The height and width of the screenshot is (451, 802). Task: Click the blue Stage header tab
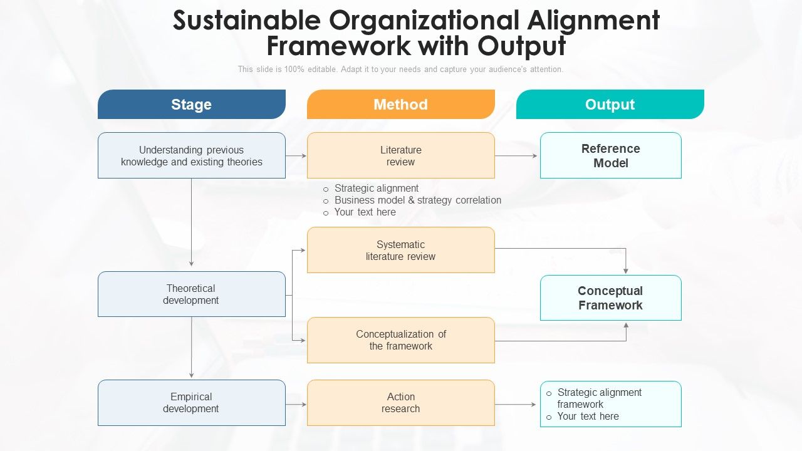191,104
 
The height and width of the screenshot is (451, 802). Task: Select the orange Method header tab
400,104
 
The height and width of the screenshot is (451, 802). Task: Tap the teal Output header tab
610,104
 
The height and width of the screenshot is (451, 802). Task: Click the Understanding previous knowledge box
191,155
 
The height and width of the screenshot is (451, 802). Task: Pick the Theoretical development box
191,294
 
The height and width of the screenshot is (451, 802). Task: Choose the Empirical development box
191,403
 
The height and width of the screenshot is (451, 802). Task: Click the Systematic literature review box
400,250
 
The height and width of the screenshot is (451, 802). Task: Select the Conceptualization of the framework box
400,340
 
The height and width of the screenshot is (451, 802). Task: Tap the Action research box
400,403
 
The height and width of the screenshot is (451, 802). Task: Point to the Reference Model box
610,155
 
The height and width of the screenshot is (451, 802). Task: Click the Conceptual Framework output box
610,298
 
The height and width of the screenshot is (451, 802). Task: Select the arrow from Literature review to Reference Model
517,156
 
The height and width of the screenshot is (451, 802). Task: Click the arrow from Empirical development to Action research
296,405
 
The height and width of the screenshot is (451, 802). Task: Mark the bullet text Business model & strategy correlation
417,200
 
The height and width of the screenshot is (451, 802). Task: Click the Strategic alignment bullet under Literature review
376,189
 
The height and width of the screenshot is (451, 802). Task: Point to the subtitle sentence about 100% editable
400,70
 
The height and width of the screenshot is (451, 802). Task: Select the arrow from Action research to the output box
517,405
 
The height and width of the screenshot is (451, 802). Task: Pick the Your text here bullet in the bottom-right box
588,417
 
